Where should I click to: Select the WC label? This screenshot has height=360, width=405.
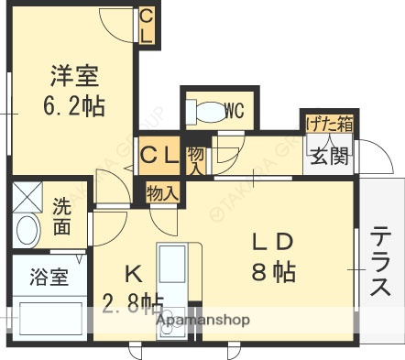point(233,111)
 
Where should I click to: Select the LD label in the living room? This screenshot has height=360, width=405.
point(272,242)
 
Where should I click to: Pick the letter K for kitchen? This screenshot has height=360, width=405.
point(132,272)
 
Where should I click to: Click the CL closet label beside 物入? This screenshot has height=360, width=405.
point(159,156)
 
